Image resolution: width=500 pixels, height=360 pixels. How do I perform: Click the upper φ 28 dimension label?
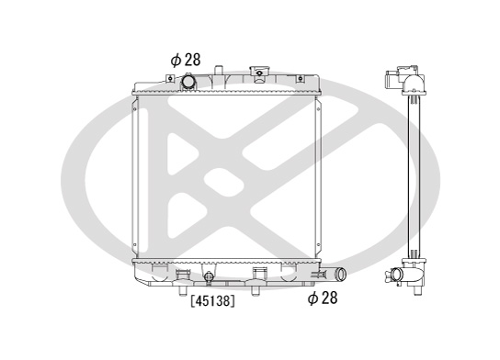coord(186,60)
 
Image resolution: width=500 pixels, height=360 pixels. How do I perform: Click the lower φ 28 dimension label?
coord(323,298)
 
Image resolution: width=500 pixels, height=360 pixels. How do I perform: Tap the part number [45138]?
coord(212,300)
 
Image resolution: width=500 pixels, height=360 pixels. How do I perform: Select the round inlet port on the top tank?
coord(188,82)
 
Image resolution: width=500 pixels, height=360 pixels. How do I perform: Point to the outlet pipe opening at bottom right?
coord(341,274)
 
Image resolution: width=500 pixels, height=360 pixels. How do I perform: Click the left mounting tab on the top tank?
coord(170,78)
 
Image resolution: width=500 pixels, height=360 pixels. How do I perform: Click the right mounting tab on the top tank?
coord(300,78)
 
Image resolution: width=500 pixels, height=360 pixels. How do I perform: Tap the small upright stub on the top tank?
coord(218,70)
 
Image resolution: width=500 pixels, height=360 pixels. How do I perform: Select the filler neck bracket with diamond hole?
coord(259,73)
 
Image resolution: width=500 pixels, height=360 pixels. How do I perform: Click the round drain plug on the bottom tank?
coord(209,276)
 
